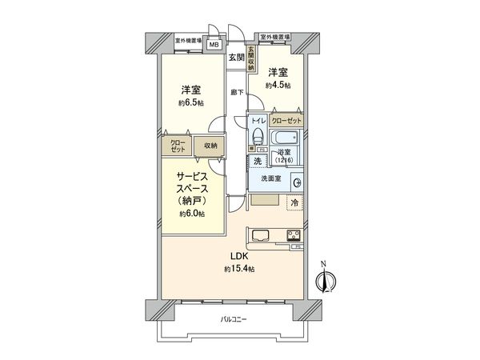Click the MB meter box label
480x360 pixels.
[x=214, y=45]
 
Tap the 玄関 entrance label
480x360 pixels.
[x=235, y=57]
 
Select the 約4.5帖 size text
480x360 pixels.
[x=279, y=84]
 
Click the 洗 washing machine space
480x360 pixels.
[x=257, y=161]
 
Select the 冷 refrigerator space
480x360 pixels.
[x=295, y=203]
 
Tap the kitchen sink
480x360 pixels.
[x=262, y=235]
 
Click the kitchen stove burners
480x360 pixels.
[x=293, y=235]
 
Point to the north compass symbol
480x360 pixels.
[x=324, y=280]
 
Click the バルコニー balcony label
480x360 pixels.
[x=234, y=319]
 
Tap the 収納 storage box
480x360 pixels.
[x=210, y=146]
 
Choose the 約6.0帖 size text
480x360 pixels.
[x=192, y=214]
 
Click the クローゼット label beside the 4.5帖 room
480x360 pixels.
[x=286, y=119]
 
